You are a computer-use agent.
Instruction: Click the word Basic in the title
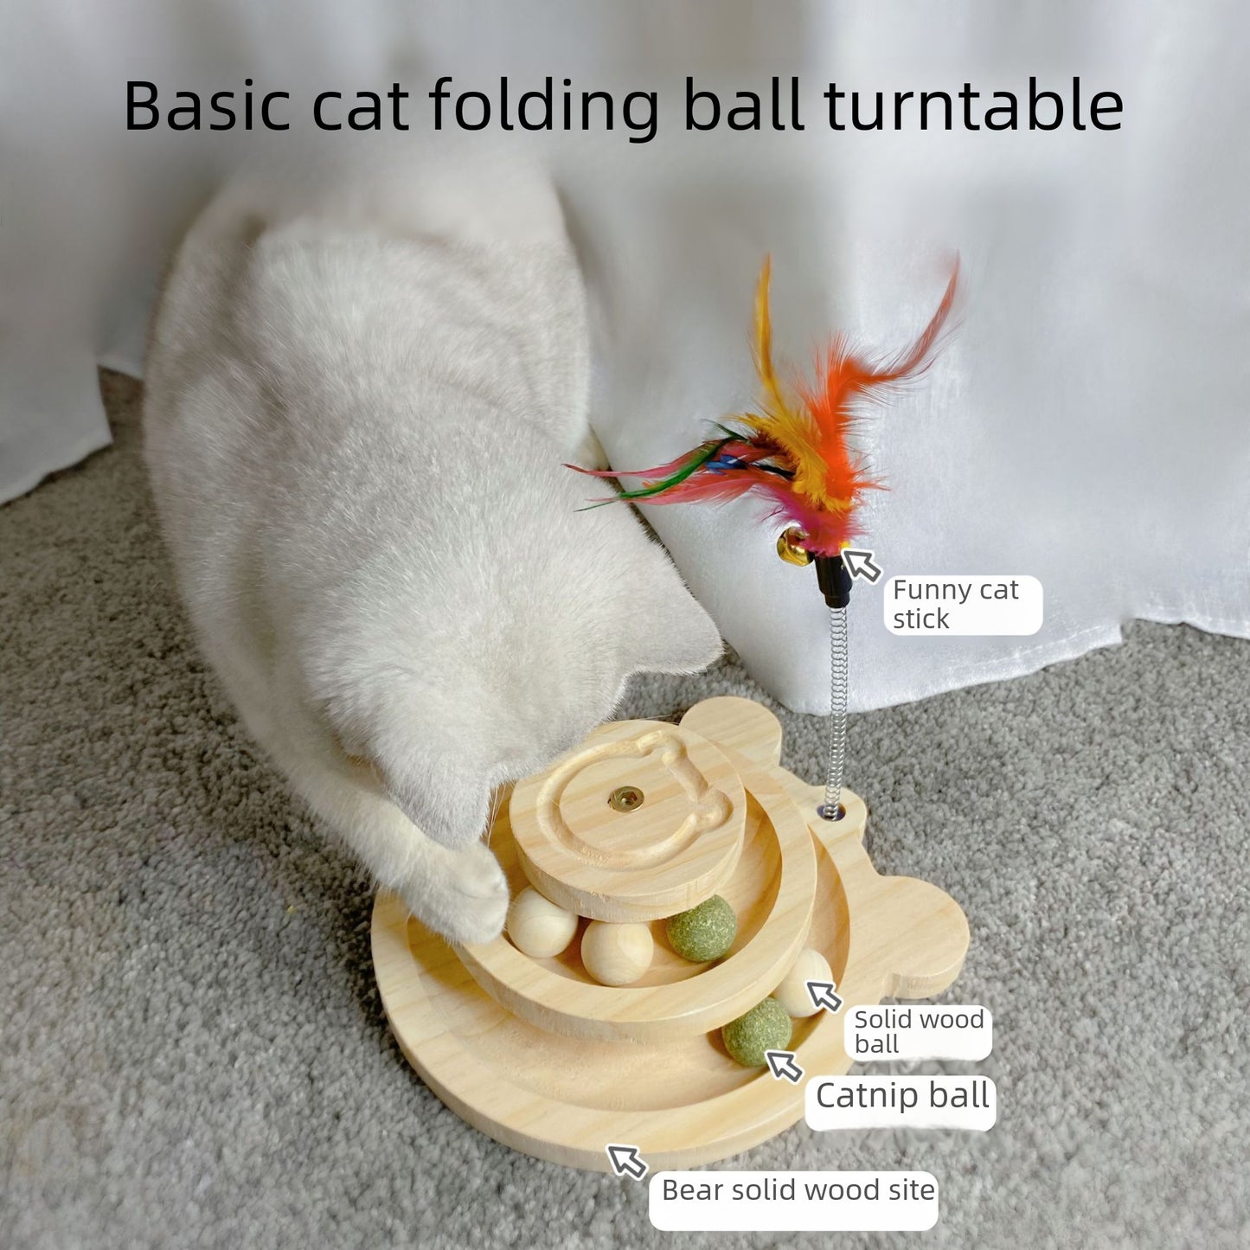tap(207, 106)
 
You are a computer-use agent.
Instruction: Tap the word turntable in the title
tap(974, 106)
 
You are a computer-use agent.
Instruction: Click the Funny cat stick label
tap(955, 604)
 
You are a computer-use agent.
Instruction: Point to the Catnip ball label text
tap(901, 1095)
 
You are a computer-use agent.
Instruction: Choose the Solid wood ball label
tap(919, 1031)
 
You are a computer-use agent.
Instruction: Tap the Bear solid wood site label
tap(798, 1190)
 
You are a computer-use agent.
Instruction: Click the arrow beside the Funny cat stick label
tap(861, 564)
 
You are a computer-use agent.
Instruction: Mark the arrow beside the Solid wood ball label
tap(824, 995)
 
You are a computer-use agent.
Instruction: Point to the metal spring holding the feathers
tap(835, 709)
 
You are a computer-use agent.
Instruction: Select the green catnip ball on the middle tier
tap(701, 929)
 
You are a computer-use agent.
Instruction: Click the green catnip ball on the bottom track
tap(756, 1036)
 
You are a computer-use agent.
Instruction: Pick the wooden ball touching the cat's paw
tap(540, 920)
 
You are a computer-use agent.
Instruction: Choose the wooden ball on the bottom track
tap(803, 979)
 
